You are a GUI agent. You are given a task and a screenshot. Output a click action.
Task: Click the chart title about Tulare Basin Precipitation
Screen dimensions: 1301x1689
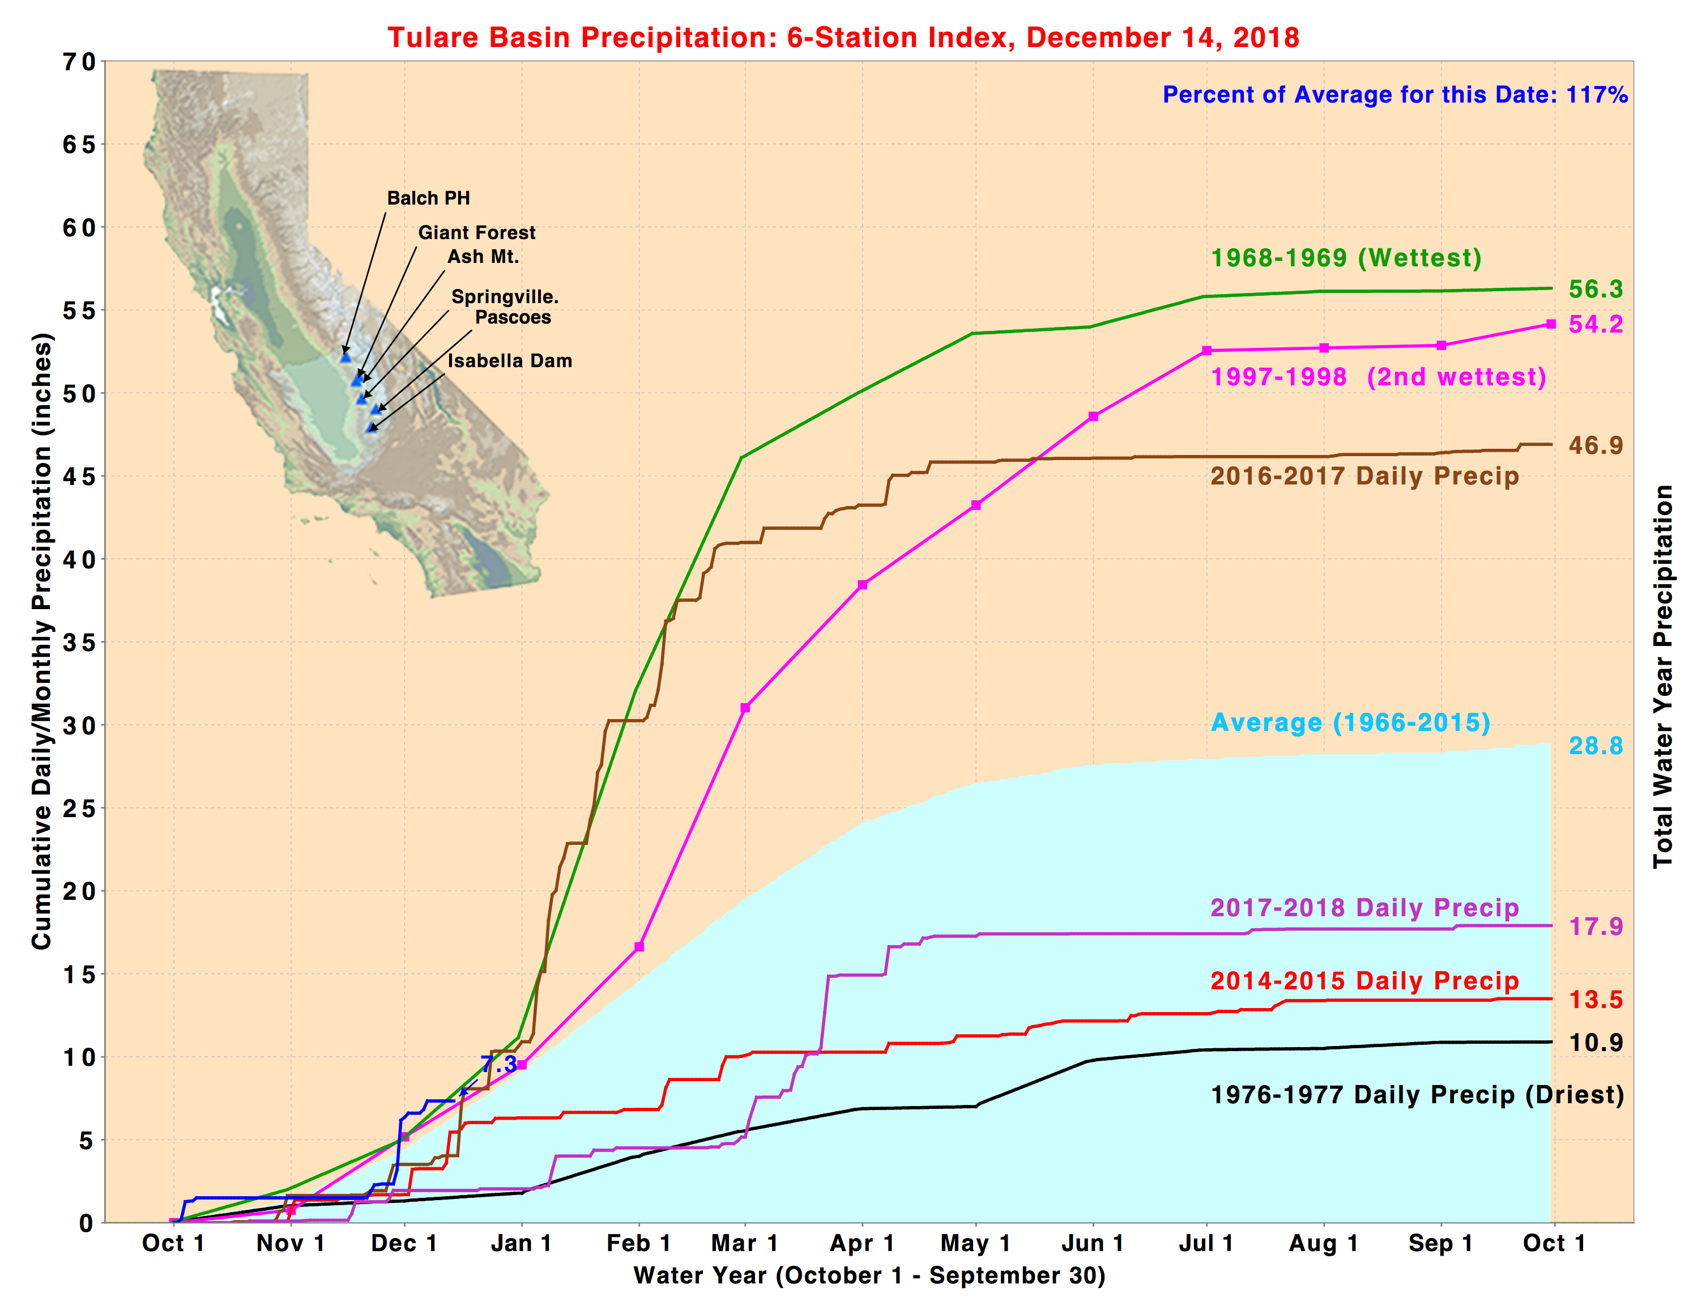pos(843,37)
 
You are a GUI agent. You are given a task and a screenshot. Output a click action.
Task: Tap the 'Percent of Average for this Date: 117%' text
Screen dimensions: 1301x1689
pos(1394,95)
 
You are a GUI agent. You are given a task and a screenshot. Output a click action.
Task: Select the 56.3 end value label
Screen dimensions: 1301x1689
pos(1594,290)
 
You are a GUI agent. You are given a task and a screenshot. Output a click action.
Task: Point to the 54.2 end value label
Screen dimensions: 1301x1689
pos(1594,324)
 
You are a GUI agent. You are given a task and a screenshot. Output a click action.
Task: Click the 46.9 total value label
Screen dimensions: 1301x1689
pos(1594,445)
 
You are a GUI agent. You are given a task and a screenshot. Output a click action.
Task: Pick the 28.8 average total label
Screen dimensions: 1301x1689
pos(1594,746)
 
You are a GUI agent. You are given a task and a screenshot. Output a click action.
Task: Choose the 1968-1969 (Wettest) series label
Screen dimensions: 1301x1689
pos(1346,258)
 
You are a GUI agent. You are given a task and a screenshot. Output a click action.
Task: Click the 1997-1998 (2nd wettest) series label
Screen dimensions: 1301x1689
pos(1378,377)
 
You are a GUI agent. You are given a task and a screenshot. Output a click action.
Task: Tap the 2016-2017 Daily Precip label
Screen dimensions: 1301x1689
pos(1364,476)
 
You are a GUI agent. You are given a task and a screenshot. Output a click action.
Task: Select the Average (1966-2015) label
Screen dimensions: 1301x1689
pos(1350,722)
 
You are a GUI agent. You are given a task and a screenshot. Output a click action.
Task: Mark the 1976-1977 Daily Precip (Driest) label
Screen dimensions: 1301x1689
pos(1417,1095)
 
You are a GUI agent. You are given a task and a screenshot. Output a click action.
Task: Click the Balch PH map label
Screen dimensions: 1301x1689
pos(428,198)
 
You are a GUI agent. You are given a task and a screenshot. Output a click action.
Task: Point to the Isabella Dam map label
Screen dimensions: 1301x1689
pos(510,360)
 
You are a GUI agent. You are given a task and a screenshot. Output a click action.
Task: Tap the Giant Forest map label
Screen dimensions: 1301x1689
pos(476,233)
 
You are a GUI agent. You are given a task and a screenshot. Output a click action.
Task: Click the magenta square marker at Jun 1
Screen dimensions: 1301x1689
pos(1093,416)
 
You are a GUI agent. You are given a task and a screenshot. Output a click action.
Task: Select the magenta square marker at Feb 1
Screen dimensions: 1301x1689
pos(639,947)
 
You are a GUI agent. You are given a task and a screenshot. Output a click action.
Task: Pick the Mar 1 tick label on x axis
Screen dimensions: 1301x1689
pos(744,1243)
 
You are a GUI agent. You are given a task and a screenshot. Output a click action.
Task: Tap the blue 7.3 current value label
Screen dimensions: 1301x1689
pos(500,1064)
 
